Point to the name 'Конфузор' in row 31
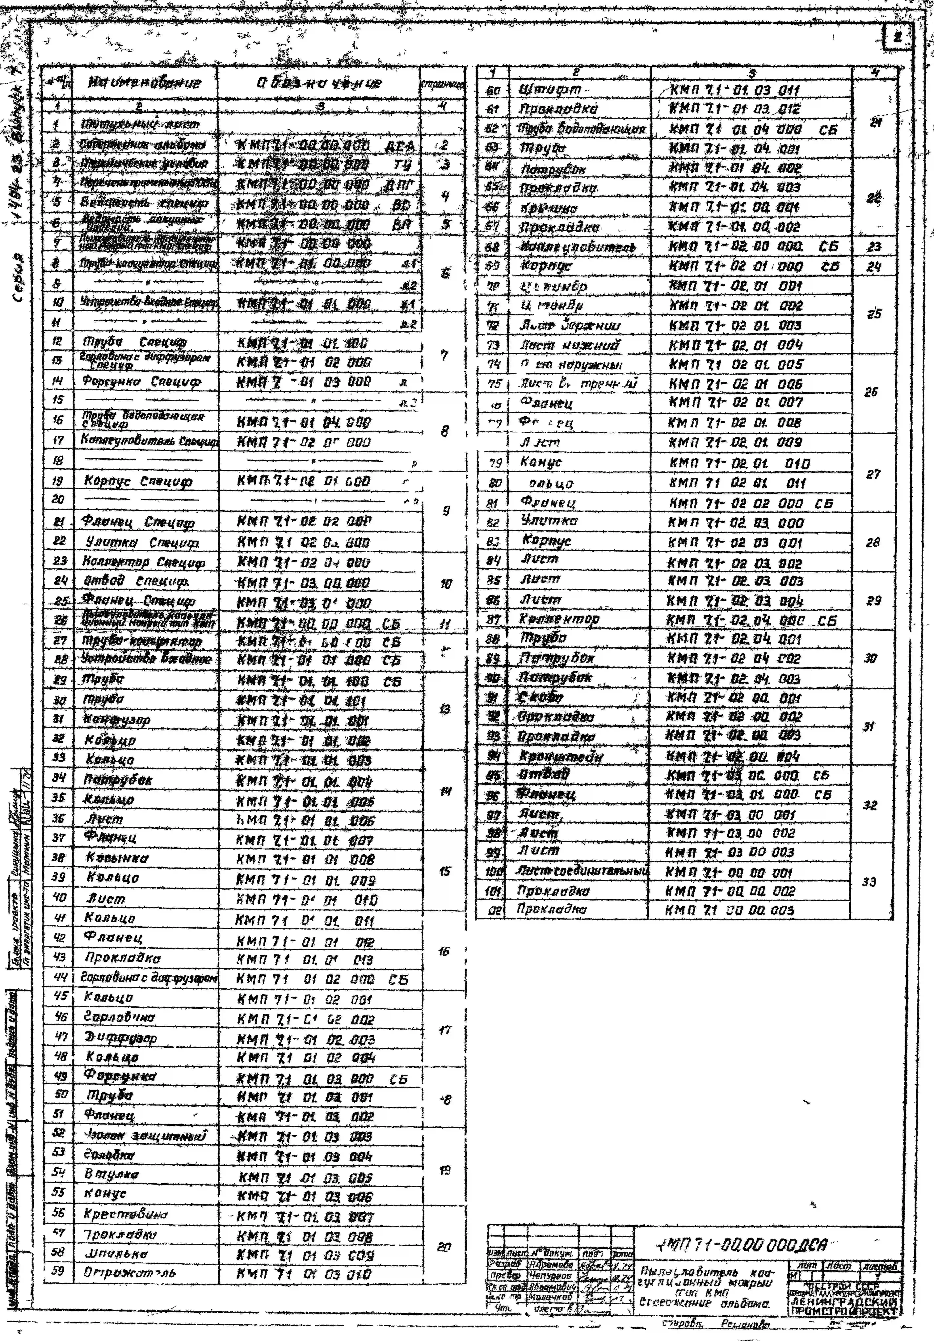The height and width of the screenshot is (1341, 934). [117, 720]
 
